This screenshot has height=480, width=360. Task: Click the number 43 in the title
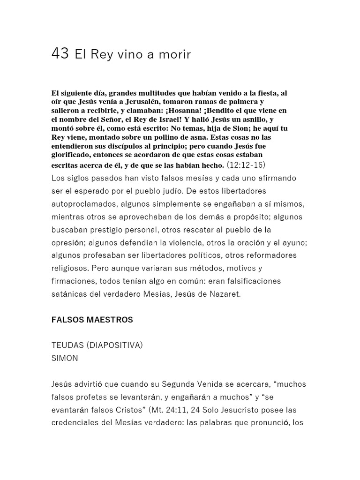click(60, 54)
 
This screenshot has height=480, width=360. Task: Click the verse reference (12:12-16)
click(247, 165)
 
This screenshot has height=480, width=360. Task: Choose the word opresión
click(68, 242)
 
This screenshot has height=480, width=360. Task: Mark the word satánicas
click(69, 294)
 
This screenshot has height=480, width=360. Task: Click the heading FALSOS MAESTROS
click(92, 320)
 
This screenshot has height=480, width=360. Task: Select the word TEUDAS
click(66, 345)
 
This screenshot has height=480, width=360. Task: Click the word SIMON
click(65, 358)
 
